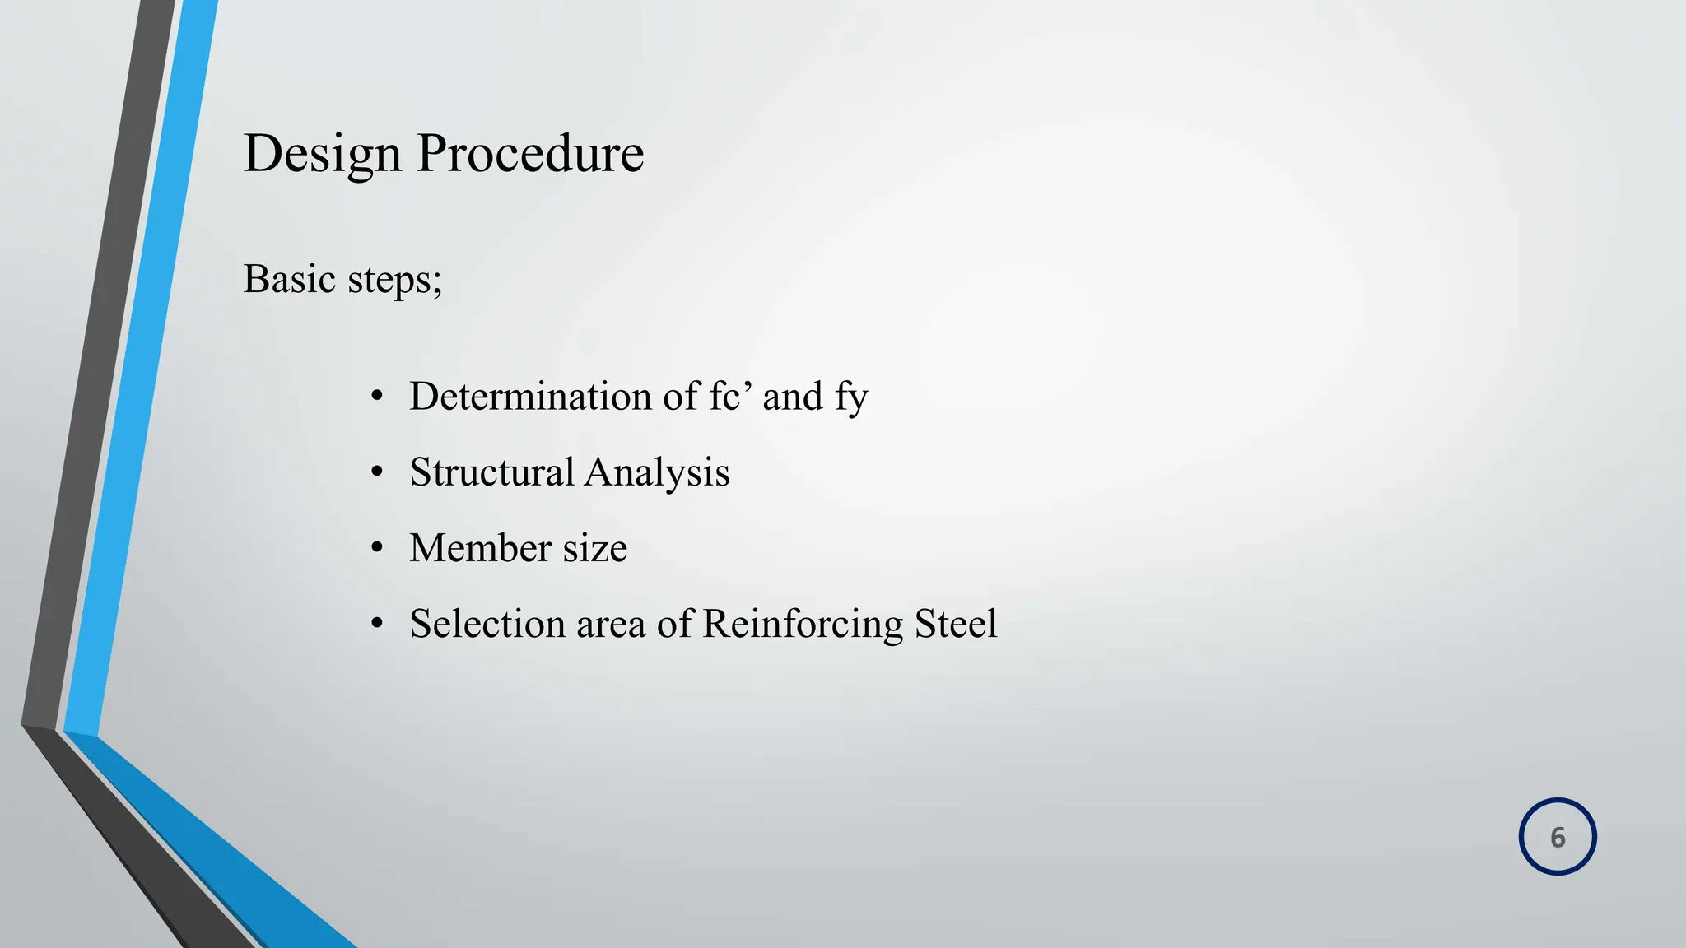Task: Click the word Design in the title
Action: pos(322,154)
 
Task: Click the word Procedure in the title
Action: pos(530,154)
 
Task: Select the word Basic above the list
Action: pos(289,279)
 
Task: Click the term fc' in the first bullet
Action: pos(731,397)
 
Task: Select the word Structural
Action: pos(491,472)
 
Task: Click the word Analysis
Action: pos(658,473)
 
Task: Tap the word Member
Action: pos(480,548)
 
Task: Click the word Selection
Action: pos(487,624)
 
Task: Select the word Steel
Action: pos(956,624)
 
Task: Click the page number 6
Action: pos(1558,837)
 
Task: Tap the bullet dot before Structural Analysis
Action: pos(377,473)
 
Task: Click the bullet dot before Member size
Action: pos(377,549)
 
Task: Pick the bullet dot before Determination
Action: pos(377,397)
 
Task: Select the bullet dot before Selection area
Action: pos(377,625)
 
